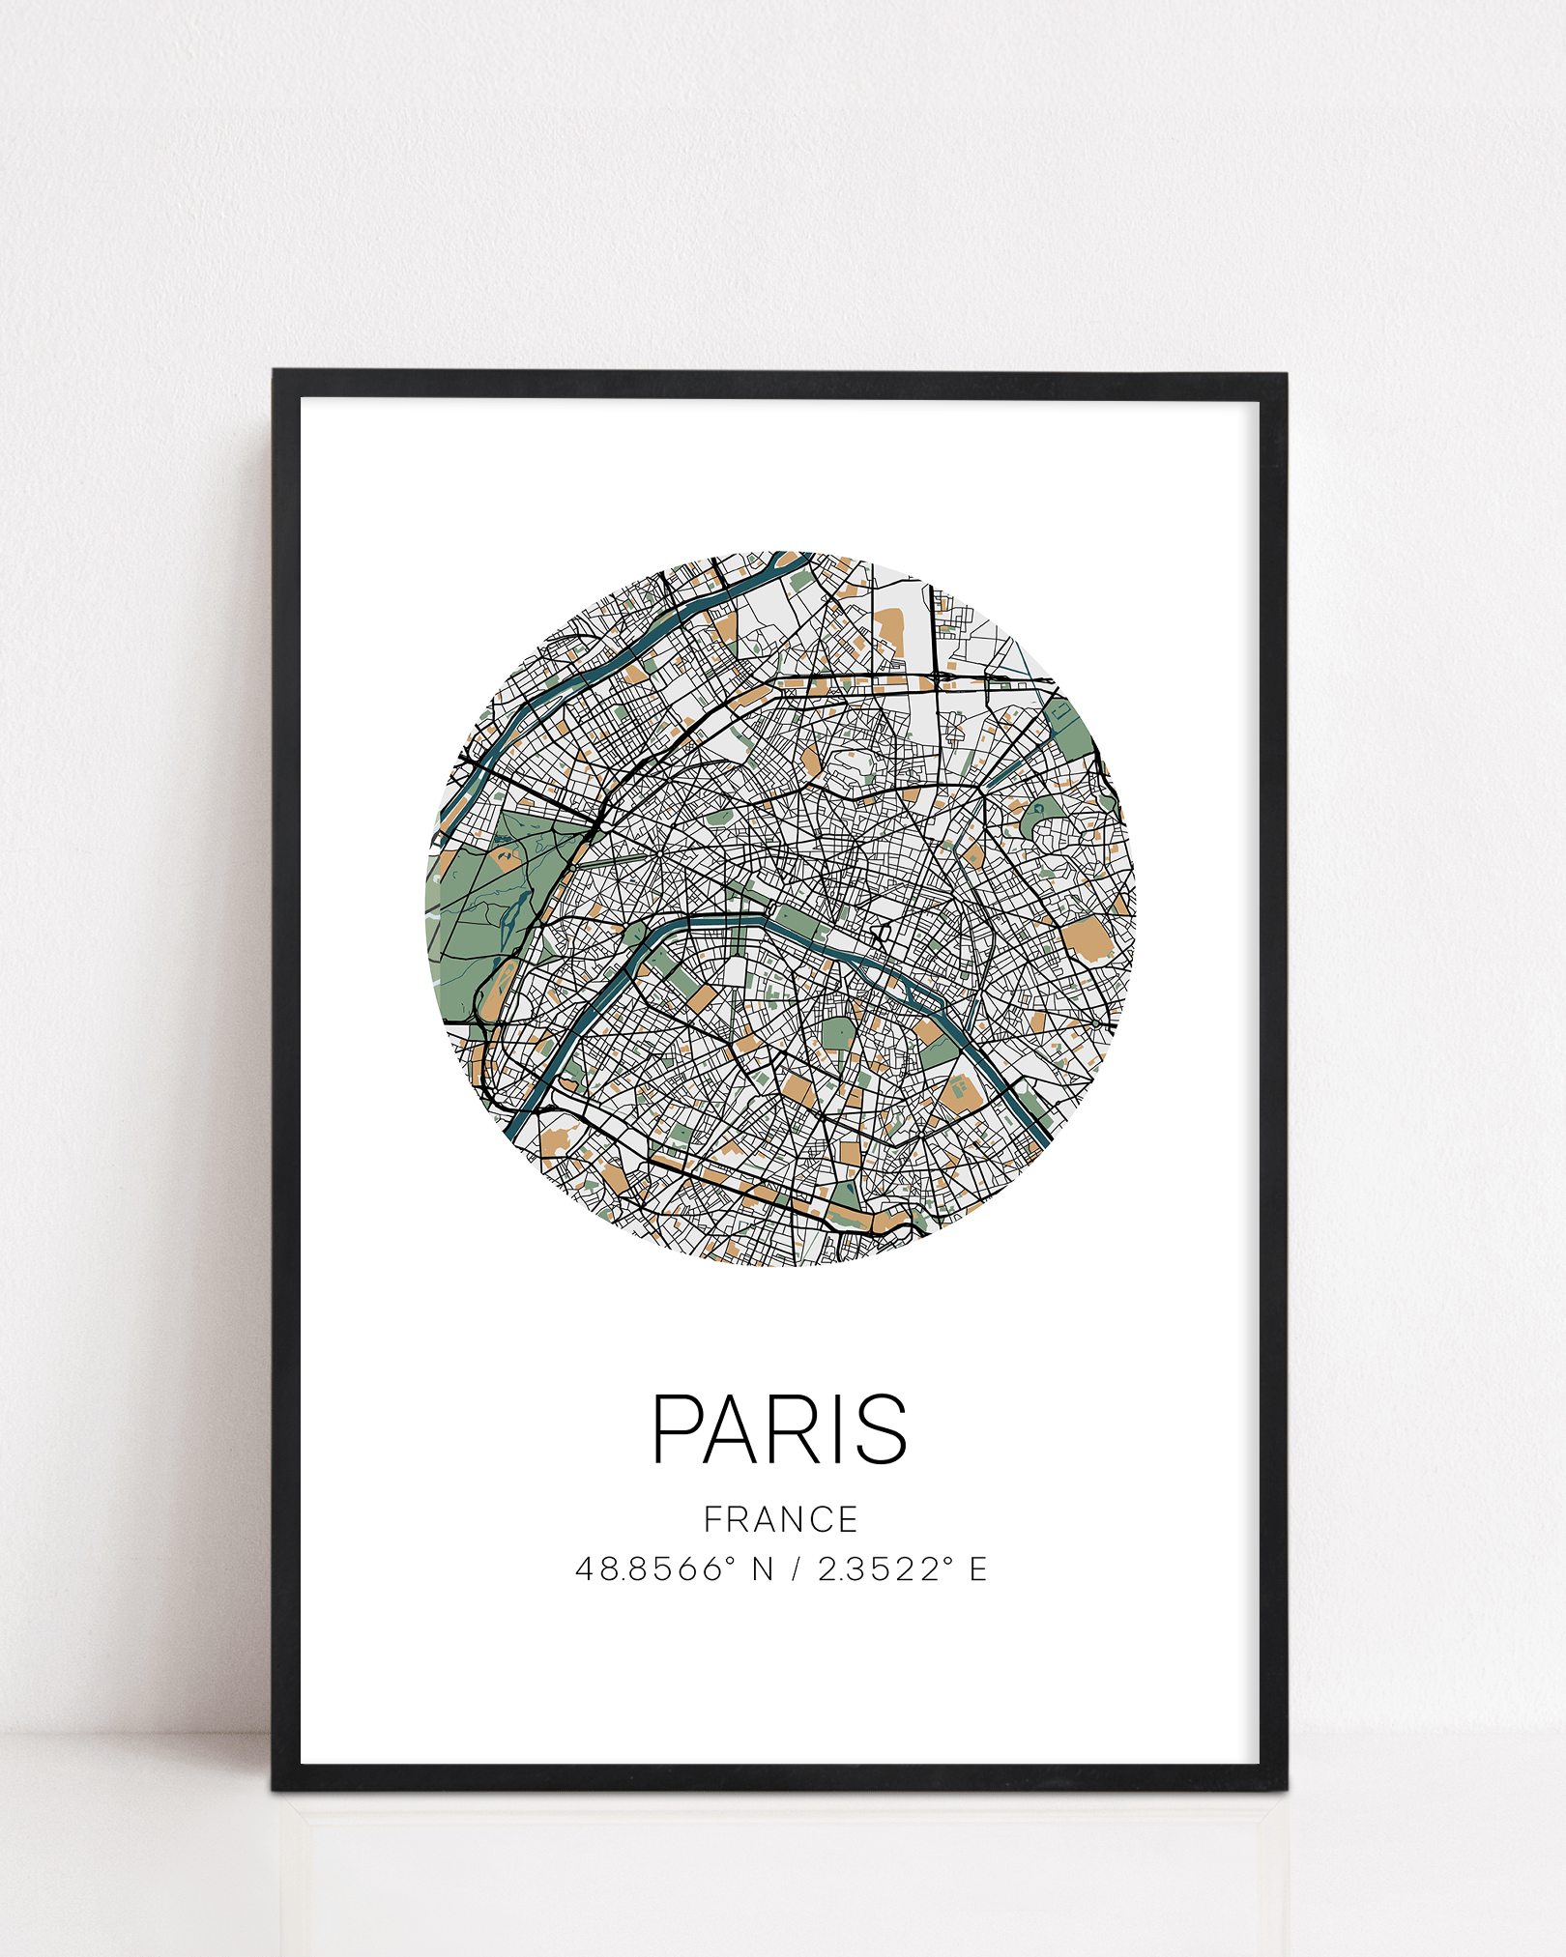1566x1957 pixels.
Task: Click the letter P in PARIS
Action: pos(677,1428)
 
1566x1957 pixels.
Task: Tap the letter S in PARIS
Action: pos(881,1428)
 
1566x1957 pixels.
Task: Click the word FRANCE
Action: pos(780,1519)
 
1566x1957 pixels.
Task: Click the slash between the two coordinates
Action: pos(796,1568)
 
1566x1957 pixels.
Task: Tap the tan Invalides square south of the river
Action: pos(705,995)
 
